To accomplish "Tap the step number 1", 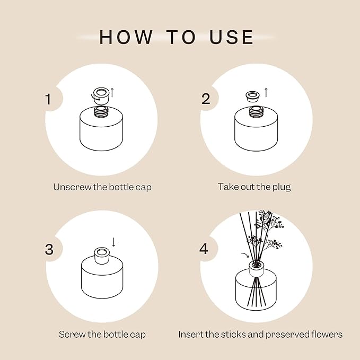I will [x=49, y=99].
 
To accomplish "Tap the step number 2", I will [x=206, y=99].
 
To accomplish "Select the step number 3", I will [x=49, y=249].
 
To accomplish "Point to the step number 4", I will [x=205, y=249].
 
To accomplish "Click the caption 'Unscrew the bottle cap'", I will [x=102, y=187].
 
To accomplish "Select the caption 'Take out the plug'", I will [x=254, y=187].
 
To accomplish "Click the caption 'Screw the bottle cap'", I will [x=102, y=335].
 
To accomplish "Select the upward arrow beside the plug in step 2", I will [x=266, y=92].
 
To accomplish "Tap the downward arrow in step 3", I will [x=113, y=242].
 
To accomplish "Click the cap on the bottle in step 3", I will [x=100, y=253].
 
